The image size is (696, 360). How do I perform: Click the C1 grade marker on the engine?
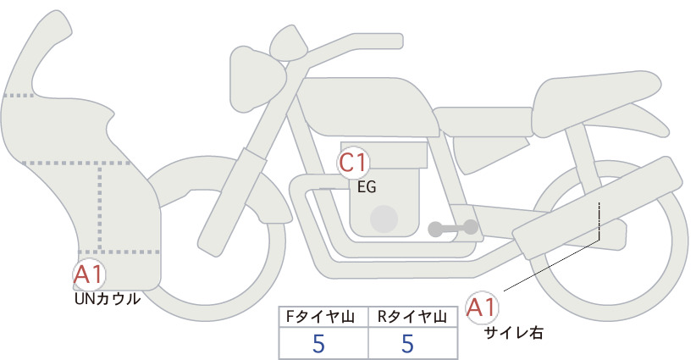(x=352, y=163)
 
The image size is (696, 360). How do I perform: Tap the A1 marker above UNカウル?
(x=89, y=274)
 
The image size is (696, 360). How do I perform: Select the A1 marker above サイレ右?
(x=482, y=307)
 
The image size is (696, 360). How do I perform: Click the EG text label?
(x=367, y=187)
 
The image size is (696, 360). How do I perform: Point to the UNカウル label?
(x=108, y=299)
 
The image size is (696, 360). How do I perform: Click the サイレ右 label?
(x=513, y=333)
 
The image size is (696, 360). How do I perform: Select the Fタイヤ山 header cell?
(x=323, y=317)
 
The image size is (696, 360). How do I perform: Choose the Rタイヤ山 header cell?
(x=413, y=317)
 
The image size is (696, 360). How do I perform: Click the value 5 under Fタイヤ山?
(x=318, y=343)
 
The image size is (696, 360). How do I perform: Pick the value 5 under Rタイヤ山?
(x=407, y=343)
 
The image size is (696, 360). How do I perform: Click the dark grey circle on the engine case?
(x=384, y=219)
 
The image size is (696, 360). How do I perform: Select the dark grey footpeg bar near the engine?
(x=453, y=228)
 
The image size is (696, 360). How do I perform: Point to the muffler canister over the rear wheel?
(x=598, y=208)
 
